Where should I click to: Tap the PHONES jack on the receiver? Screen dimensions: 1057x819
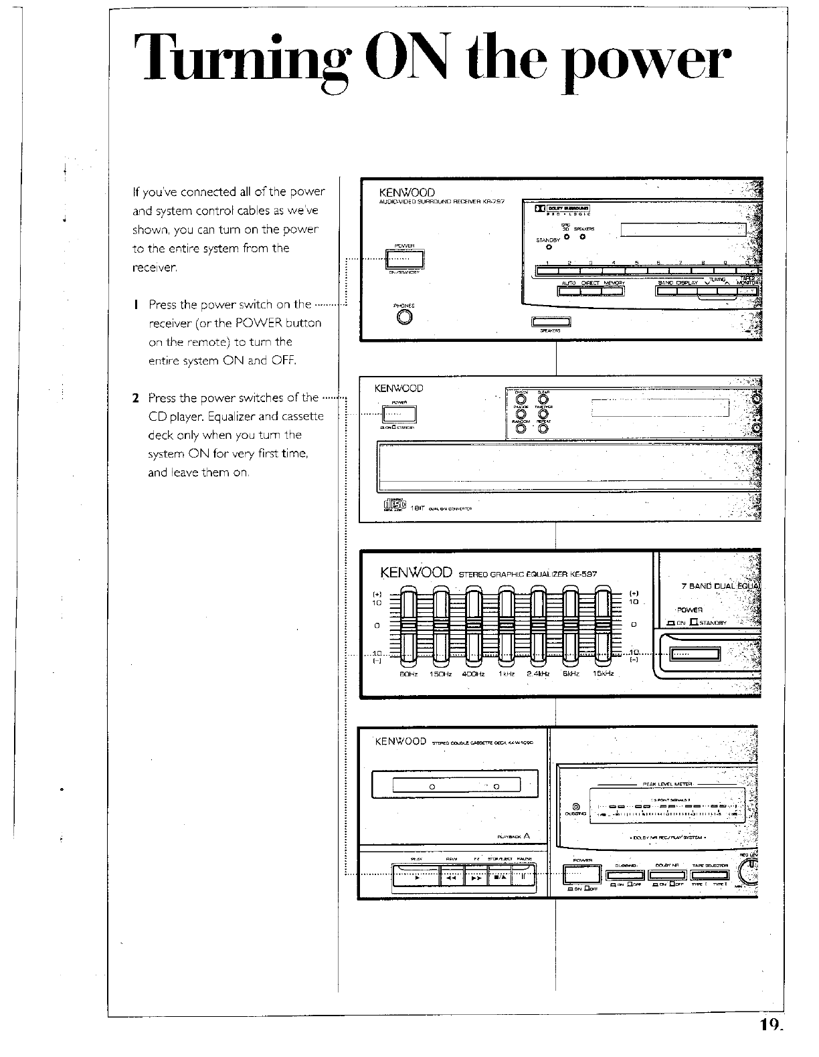point(403,317)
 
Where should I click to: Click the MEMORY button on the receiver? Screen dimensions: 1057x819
point(614,290)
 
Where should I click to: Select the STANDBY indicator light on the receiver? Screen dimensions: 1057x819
point(549,248)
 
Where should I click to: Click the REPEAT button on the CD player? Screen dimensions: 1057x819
point(543,429)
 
